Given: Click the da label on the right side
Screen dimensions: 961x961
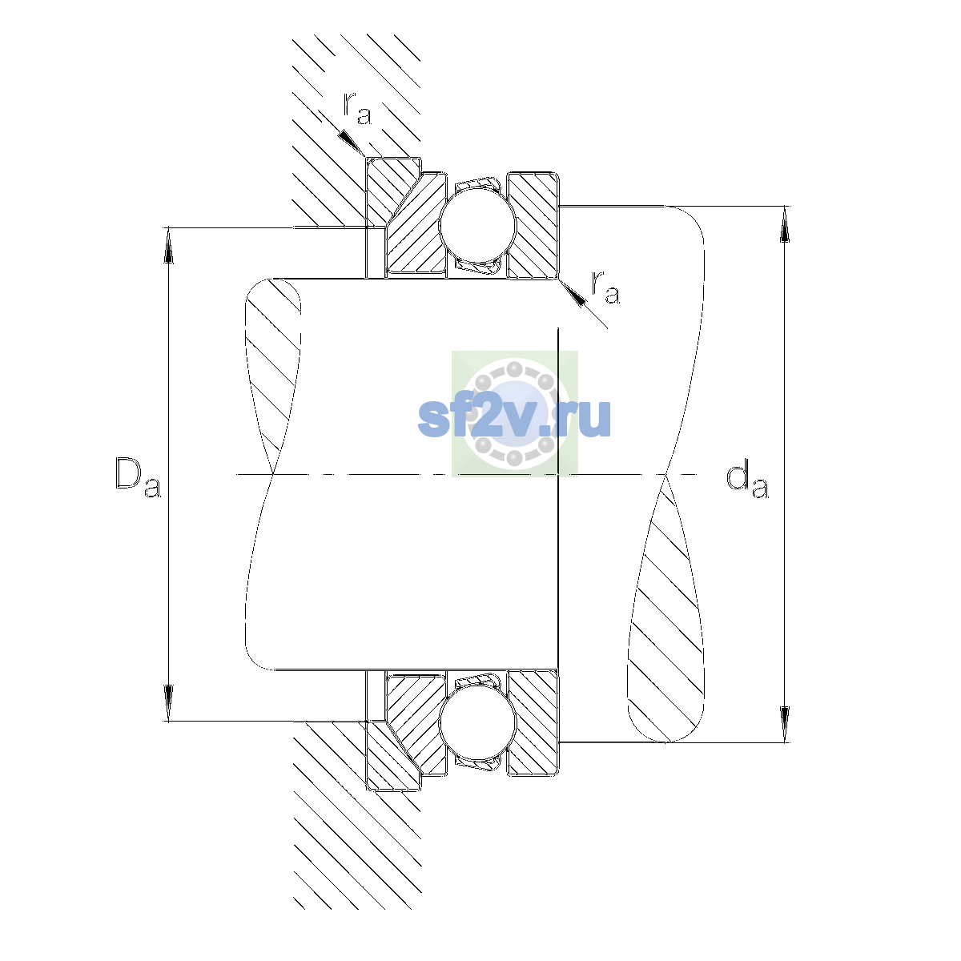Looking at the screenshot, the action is tap(747, 480).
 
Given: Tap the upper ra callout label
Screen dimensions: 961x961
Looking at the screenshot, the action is tap(357, 108).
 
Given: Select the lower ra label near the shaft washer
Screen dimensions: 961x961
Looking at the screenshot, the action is tap(605, 287).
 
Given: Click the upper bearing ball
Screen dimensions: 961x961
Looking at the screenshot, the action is tap(477, 225).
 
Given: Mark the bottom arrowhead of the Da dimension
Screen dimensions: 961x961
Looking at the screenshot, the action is tap(168, 703).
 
